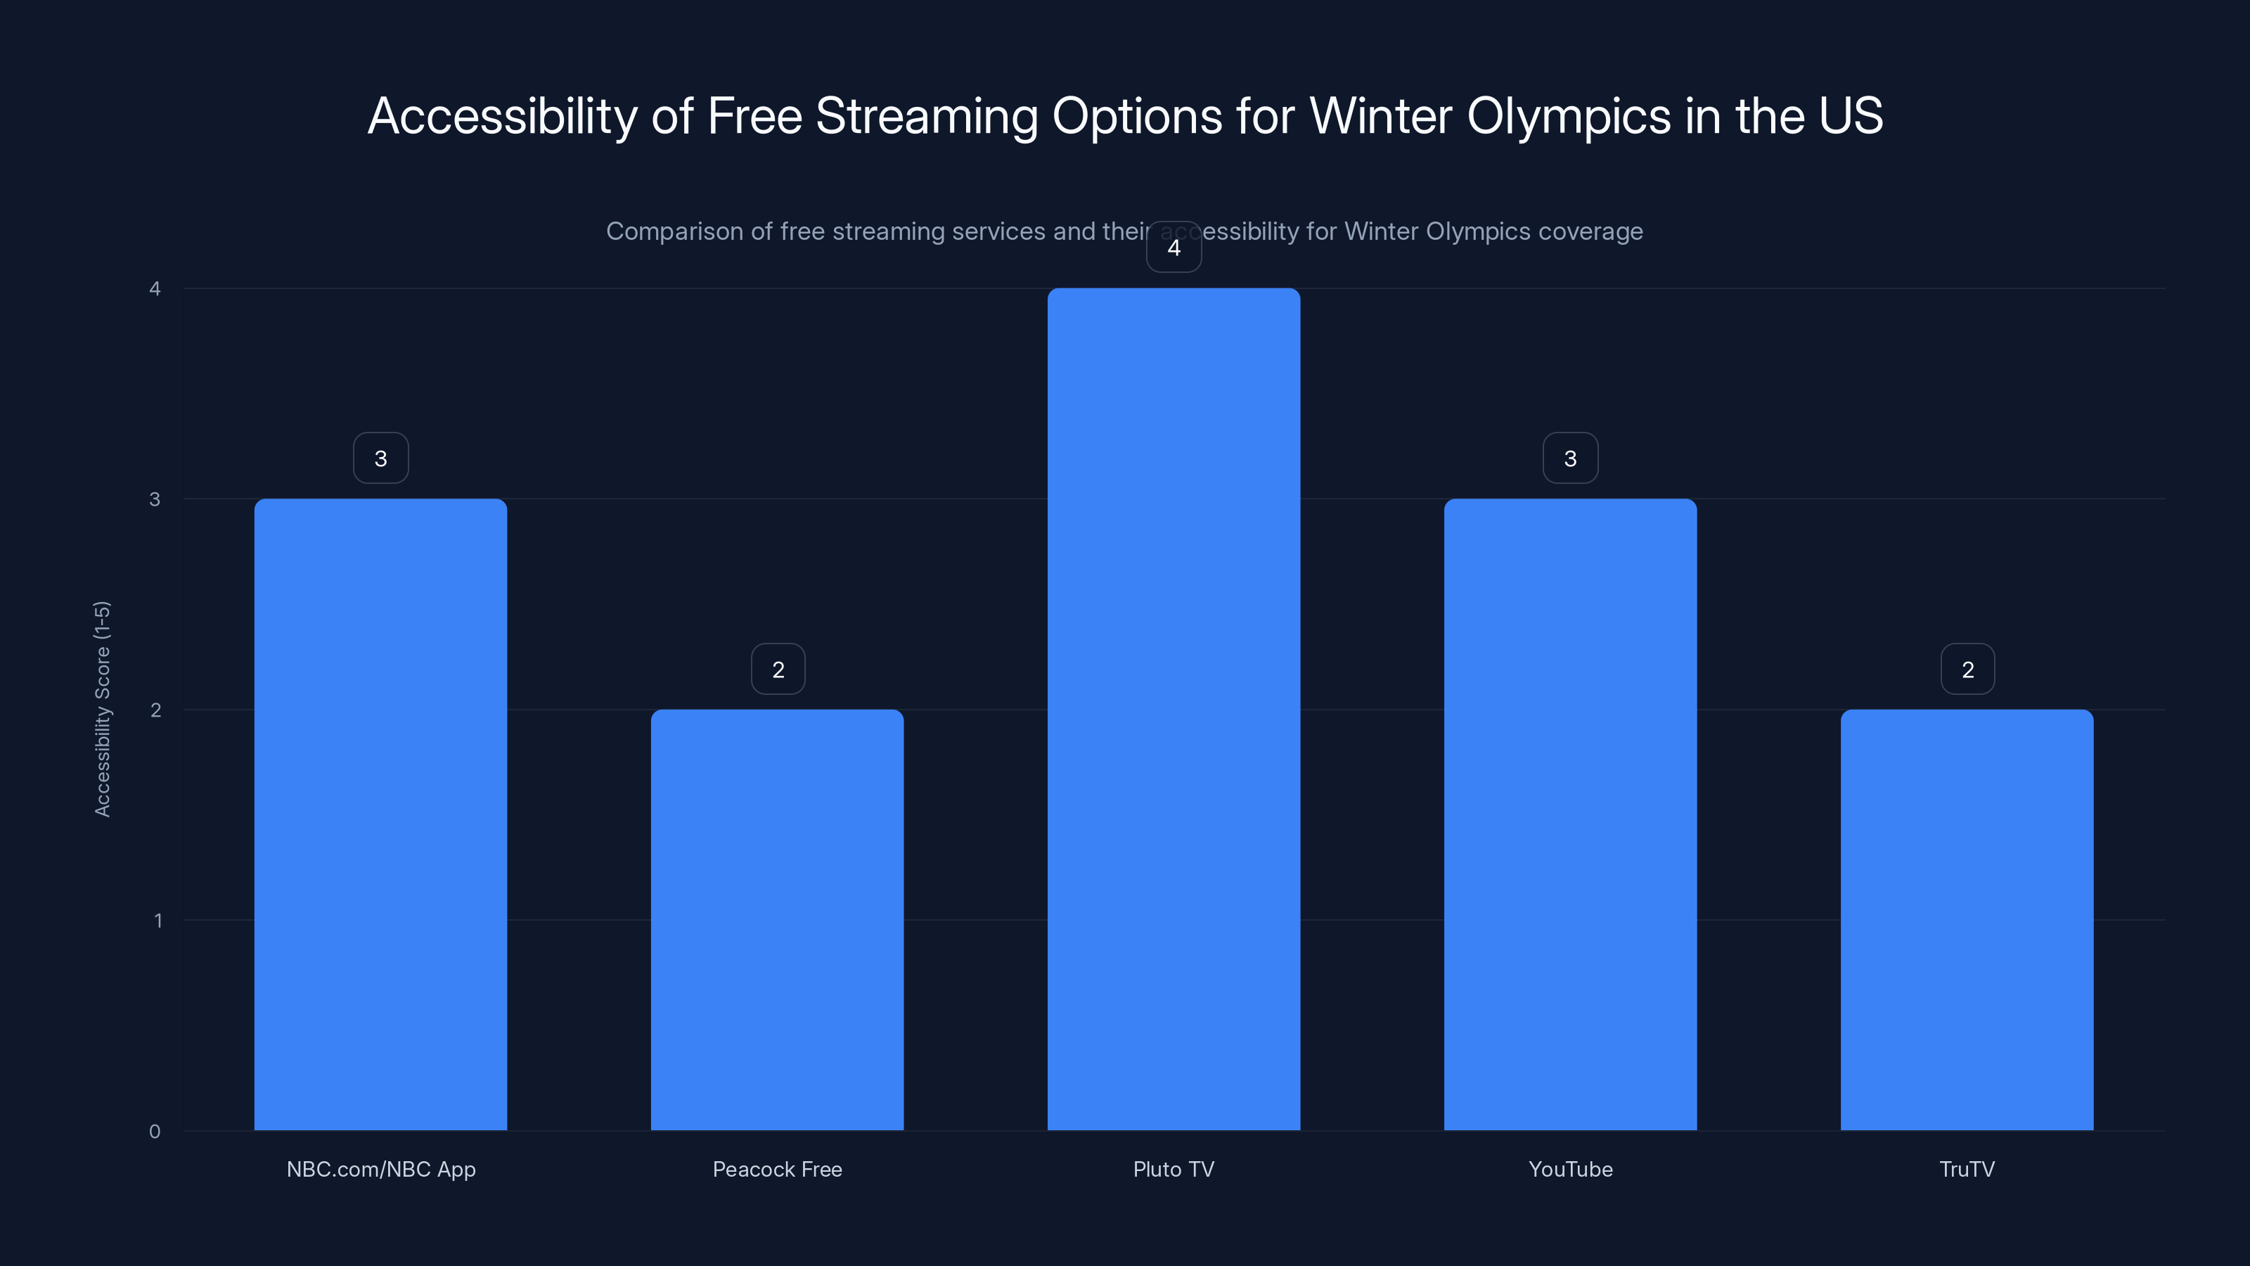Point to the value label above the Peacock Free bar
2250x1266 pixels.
tap(778, 670)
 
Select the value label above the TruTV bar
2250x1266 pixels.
tap(1967, 670)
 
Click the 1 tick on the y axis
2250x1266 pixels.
tap(157, 920)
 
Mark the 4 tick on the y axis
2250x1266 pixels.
tap(155, 288)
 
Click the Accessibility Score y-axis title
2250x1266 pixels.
tap(102, 708)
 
